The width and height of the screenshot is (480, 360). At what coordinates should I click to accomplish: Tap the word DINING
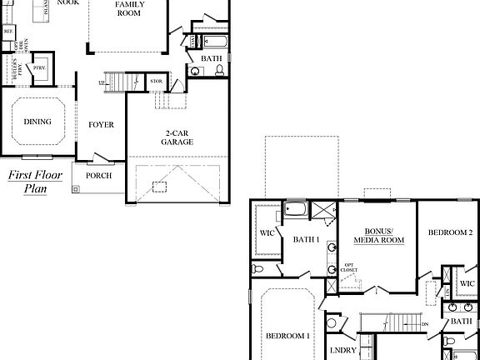tap(37, 122)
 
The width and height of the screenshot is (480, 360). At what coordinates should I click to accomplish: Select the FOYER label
tap(102, 125)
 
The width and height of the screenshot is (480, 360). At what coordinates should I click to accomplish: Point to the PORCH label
tap(99, 176)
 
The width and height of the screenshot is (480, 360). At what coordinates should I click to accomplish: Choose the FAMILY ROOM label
tap(129, 9)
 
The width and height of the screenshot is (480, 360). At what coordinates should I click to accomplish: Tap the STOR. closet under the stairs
tap(156, 82)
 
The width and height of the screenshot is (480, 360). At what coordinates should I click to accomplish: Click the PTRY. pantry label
tap(38, 67)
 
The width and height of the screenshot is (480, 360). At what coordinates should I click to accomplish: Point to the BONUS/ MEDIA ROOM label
tap(378, 236)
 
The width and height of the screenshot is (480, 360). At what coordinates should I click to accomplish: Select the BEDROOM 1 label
tap(287, 336)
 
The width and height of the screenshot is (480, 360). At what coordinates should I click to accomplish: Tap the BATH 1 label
tap(307, 240)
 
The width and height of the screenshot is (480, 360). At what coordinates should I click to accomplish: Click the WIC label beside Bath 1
tap(267, 233)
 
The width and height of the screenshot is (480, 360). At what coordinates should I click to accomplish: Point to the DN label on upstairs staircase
tap(425, 324)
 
